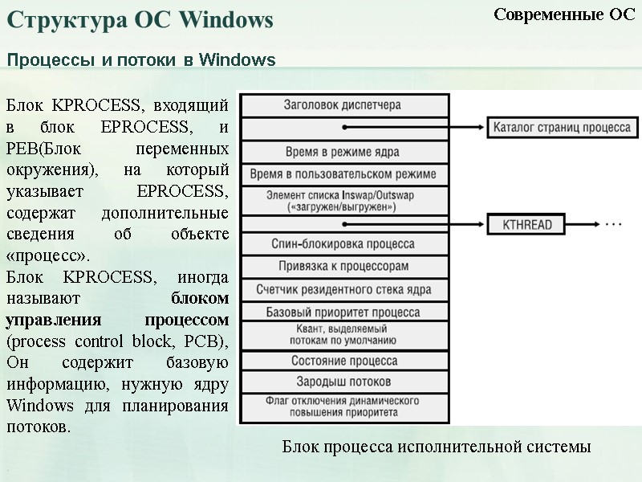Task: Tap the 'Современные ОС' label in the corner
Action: point(563,14)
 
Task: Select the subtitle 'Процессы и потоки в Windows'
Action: point(141,60)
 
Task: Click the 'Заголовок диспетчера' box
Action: point(343,105)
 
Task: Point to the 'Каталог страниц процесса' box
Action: point(563,127)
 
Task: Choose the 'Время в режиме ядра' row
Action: point(343,151)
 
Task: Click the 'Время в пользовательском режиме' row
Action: point(343,174)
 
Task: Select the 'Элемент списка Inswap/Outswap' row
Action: point(343,200)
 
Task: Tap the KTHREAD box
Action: point(528,225)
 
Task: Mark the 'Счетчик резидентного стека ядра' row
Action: point(343,289)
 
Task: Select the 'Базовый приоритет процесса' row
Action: point(343,312)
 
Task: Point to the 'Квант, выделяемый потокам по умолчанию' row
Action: point(343,335)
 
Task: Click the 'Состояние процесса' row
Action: point(343,361)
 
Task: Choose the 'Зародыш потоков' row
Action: point(343,382)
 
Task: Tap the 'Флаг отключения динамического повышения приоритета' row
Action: point(343,406)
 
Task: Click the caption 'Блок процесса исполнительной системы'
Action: point(436,447)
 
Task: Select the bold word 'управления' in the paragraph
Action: point(47,320)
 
